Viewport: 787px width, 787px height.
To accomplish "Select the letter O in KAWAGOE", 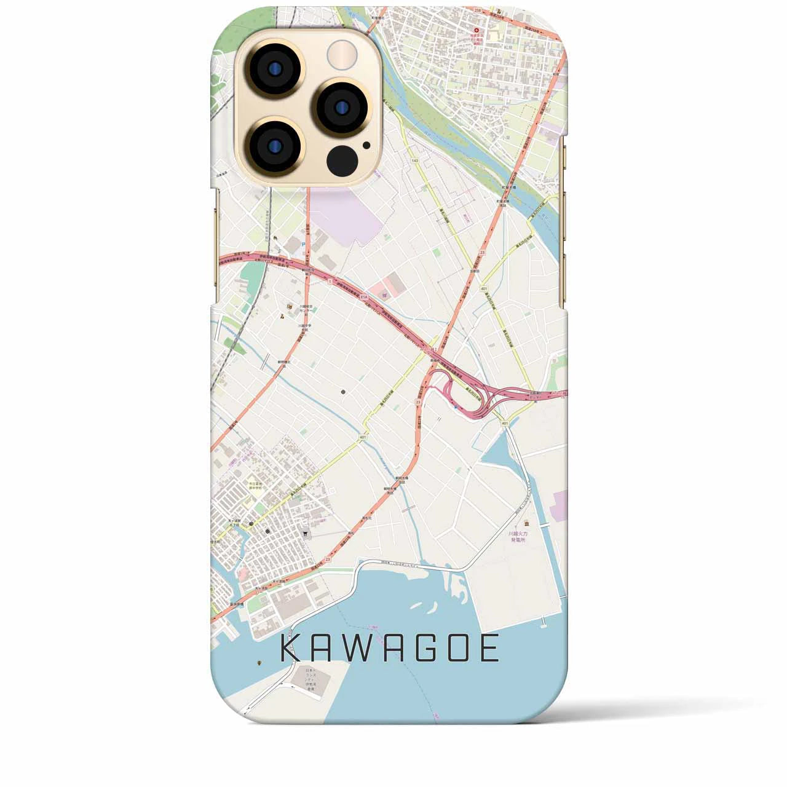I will [x=456, y=649].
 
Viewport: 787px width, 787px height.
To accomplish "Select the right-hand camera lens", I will [x=341, y=106].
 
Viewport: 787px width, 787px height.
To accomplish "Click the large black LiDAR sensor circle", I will [x=342, y=162].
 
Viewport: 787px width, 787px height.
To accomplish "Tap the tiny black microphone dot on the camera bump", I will [x=366, y=146].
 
